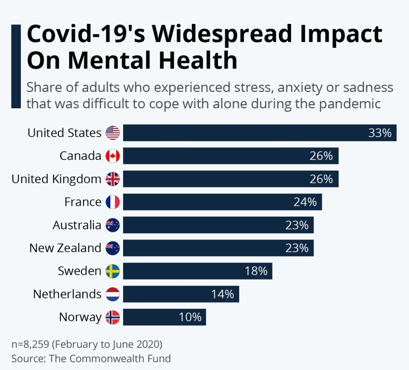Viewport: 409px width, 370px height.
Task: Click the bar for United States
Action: point(260,133)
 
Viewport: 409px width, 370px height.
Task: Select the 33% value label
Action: point(380,133)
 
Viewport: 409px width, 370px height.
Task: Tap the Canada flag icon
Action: point(113,156)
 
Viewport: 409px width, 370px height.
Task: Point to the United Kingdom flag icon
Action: point(113,179)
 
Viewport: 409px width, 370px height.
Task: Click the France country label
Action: point(83,202)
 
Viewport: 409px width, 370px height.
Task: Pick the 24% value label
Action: point(305,202)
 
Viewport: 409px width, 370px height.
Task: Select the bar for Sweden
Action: point(198,271)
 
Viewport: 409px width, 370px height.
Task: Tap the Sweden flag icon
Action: point(113,271)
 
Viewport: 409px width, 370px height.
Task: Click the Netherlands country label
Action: point(68,294)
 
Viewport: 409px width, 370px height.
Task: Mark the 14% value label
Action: point(222,294)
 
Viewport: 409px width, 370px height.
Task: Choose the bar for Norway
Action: point(165,317)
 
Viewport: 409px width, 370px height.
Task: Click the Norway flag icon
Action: point(113,317)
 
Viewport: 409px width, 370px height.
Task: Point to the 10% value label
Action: point(190,317)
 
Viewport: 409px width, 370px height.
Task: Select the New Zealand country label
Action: point(66,248)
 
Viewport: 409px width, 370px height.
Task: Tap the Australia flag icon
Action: point(113,225)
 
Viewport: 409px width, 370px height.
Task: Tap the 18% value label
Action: point(256,271)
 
